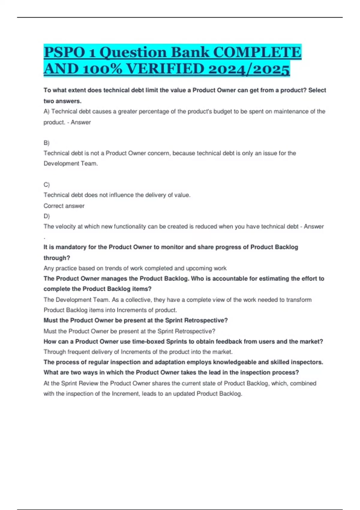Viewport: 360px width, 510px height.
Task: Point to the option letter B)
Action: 46,143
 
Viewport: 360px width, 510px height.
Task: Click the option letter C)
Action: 46,184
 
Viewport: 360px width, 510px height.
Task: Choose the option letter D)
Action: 46,216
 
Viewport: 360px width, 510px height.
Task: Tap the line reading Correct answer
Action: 64,206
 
